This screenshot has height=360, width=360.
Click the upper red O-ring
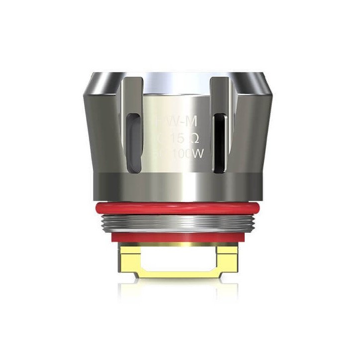[x=180, y=194]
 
